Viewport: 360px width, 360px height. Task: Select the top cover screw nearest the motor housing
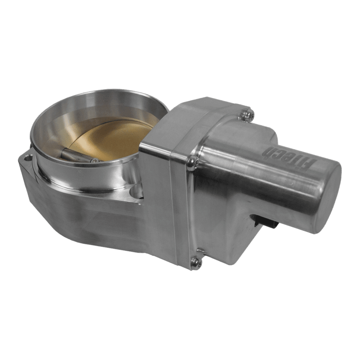pyautogui.click(x=247, y=114)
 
